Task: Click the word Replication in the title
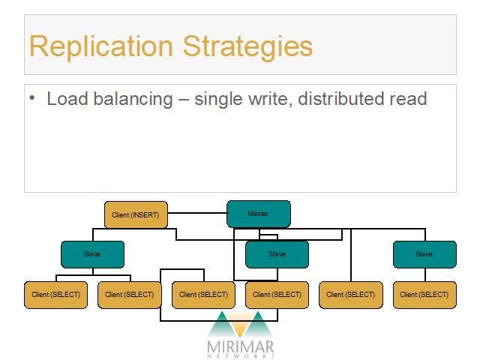point(101,46)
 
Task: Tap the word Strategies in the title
point(247,46)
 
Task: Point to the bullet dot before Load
point(32,98)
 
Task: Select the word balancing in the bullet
point(133,99)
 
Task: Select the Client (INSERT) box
point(136,214)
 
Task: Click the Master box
point(259,214)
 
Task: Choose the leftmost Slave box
point(93,254)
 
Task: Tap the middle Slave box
point(277,254)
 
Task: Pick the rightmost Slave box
point(424,254)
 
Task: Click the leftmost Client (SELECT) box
point(55,295)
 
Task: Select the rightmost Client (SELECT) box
point(424,295)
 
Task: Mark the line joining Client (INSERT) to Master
point(197,213)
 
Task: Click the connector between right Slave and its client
point(425,275)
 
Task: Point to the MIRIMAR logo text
point(240,347)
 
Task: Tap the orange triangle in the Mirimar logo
point(240,325)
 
